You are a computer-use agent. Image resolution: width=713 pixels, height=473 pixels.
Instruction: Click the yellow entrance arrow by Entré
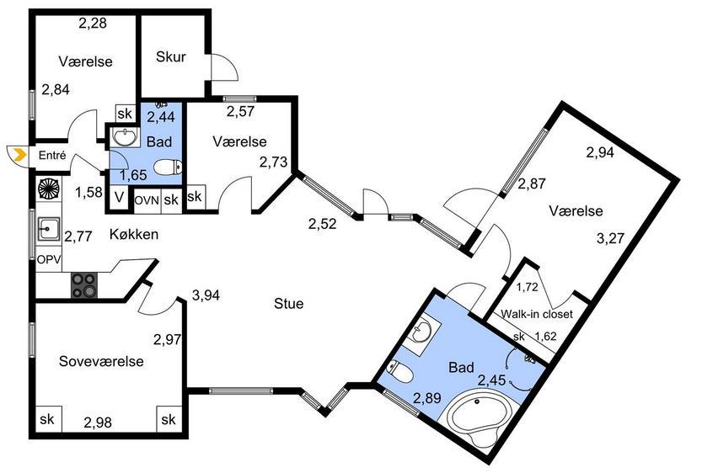(x=19, y=155)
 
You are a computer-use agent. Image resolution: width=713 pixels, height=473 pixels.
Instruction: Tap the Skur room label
(x=170, y=56)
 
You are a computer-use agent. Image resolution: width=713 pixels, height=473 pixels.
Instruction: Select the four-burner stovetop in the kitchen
(x=84, y=285)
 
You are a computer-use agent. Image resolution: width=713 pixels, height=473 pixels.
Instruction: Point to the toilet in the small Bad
(x=168, y=167)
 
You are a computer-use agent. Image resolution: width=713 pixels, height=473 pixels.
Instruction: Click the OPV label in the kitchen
(x=49, y=260)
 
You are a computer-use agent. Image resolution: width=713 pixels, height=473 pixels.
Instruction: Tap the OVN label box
(x=147, y=200)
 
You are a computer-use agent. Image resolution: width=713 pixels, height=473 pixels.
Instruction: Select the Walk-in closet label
(x=537, y=314)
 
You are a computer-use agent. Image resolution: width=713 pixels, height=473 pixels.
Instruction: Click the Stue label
(x=289, y=303)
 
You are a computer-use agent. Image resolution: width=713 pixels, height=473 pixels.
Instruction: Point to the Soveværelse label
(x=101, y=361)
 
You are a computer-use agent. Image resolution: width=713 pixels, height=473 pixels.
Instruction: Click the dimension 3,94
(x=206, y=295)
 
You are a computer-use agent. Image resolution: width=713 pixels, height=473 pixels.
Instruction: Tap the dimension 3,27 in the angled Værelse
(x=610, y=238)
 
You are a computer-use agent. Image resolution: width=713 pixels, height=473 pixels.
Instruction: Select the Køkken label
(x=134, y=234)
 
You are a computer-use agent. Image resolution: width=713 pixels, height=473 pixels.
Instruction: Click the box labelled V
(x=119, y=198)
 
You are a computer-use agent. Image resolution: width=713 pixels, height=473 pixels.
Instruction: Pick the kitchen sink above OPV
(x=48, y=228)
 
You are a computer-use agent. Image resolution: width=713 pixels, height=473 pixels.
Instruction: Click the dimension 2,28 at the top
(x=93, y=24)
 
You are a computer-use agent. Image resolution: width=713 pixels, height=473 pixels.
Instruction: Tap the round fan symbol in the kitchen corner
(x=49, y=189)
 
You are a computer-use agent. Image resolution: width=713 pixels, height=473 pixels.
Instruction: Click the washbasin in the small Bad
(x=126, y=136)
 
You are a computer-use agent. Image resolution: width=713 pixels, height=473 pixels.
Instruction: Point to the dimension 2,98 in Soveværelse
(x=98, y=423)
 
